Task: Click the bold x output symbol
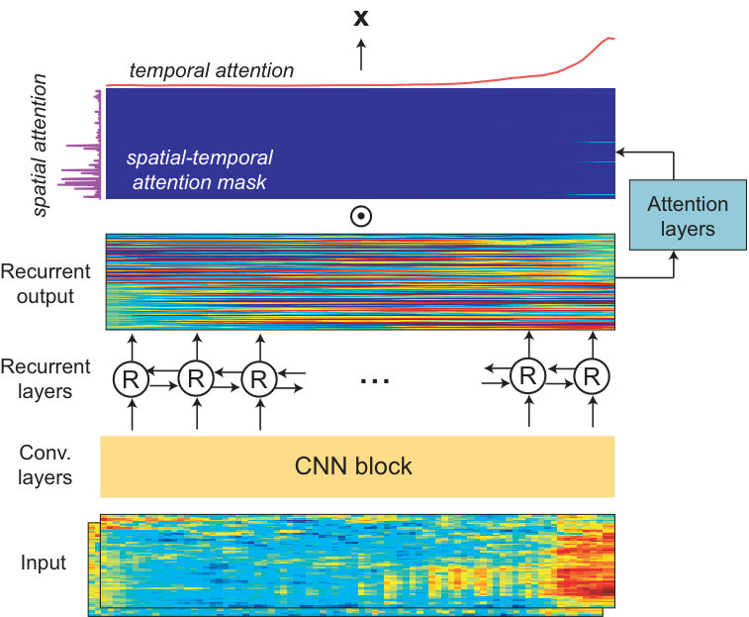tap(361, 18)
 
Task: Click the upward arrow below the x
tap(361, 54)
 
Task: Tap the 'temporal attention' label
tap(212, 70)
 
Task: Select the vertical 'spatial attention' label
tap(41, 145)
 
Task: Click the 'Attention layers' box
tap(688, 215)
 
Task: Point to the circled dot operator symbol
tap(361, 216)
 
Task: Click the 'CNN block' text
tap(353, 466)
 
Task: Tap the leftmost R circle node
tap(131, 379)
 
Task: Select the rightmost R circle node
tap(592, 376)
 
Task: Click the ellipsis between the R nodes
tap(375, 380)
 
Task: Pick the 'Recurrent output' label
tap(46, 283)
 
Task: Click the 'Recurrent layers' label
tap(46, 378)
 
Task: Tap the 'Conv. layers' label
tap(45, 464)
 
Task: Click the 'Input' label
tap(43, 563)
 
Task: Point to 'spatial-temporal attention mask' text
tap(200, 169)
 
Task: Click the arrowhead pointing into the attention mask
tap(620, 153)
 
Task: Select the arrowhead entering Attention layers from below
tap(674, 256)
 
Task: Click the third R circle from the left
tap(259, 379)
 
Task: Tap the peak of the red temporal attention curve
tap(609, 38)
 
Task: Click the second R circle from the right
tap(527, 376)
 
